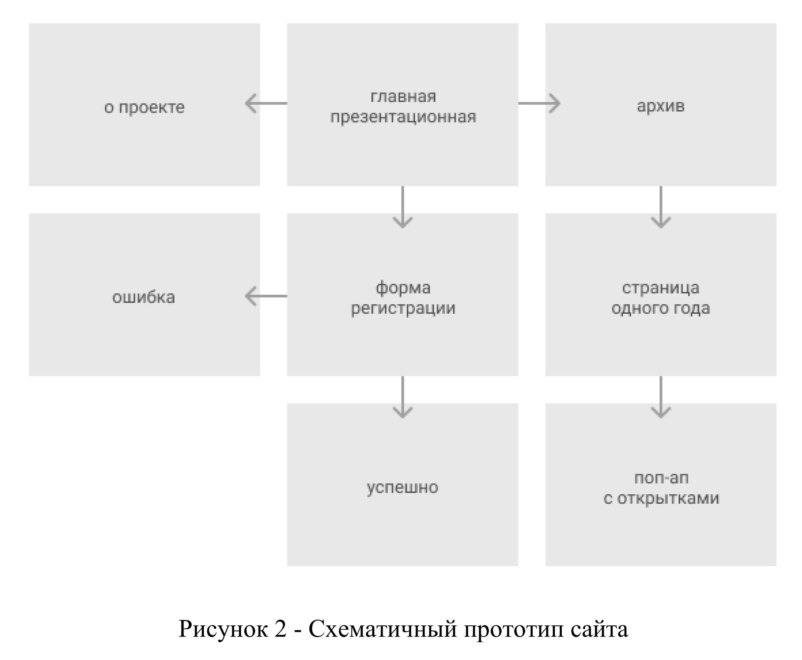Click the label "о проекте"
[144, 107]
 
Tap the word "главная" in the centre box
[403, 97]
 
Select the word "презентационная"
[403, 117]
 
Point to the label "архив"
[660, 106]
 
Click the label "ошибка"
[144, 297]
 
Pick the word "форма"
[403, 288]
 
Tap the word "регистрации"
[403, 308]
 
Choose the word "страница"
[660, 288]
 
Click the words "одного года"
[660, 308]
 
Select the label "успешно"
[403, 487]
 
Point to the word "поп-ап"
[661, 478]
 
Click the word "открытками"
[668, 498]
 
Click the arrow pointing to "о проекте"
[265, 103]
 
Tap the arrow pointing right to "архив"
[539, 103]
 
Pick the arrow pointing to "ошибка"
[265, 296]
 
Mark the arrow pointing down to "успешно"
[403, 397]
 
